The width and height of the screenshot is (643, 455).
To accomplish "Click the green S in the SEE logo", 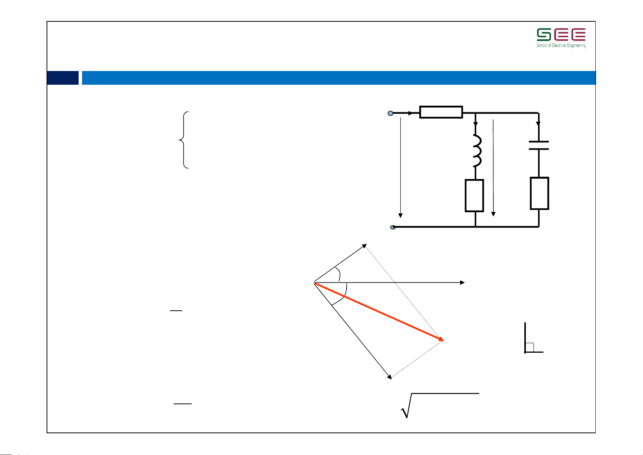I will [x=544, y=35].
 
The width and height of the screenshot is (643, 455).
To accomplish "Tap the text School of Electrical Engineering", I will [x=561, y=45].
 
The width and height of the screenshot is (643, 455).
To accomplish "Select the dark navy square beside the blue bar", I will [x=63, y=78].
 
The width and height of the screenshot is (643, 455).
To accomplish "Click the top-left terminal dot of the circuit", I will [x=390, y=113].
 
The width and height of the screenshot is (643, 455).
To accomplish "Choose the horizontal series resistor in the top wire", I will [x=441, y=112].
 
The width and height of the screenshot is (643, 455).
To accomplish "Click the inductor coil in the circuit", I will [x=477, y=150].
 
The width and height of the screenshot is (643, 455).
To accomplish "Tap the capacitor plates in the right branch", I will [x=538, y=145].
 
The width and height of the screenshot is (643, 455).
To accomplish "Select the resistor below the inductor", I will [x=474, y=195].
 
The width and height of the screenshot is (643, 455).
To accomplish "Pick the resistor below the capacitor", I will [x=540, y=194].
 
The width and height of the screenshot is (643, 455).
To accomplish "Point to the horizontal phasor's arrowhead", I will [x=462, y=282].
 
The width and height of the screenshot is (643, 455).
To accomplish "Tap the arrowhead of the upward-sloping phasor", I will [x=364, y=245].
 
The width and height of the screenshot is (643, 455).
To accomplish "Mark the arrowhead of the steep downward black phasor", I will [x=389, y=377].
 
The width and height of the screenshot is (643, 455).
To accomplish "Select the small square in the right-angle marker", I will [x=529, y=347].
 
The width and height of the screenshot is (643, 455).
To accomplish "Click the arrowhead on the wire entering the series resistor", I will [x=410, y=113].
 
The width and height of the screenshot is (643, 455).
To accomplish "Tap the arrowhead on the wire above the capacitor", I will [x=538, y=124].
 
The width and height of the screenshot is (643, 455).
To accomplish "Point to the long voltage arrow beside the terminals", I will [x=400, y=168].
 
